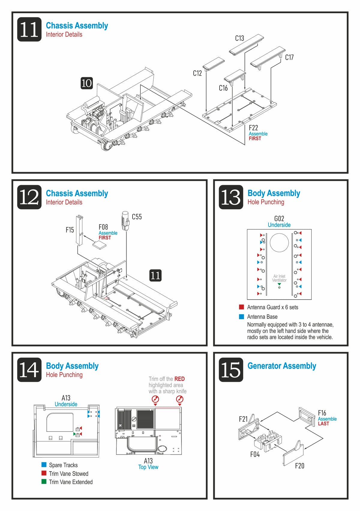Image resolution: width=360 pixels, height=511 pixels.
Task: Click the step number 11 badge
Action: [x=29, y=29]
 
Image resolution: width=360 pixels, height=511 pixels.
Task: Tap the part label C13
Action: [x=239, y=38]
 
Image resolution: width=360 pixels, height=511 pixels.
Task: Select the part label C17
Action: [x=289, y=57]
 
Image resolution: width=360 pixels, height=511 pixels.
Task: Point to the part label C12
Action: [x=197, y=73]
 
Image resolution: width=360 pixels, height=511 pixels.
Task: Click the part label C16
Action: [x=223, y=88]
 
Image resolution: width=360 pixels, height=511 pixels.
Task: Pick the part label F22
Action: [x=253, y=128]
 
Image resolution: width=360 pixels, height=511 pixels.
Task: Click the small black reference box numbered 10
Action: [x=87, y=83]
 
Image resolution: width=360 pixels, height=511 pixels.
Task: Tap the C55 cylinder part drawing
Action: [x=125, y=220]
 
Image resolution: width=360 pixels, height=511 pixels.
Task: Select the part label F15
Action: [x=70, y=230]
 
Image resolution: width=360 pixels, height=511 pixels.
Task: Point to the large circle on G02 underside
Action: [x=279, y=243]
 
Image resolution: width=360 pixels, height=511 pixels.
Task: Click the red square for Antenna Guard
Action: [x=241, y=307]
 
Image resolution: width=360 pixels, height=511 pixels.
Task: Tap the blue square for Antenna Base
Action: [x=241, y=316]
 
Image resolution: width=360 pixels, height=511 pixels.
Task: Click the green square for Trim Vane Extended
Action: [x=44, y=482]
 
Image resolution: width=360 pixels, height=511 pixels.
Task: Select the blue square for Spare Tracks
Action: [x=44, y=465]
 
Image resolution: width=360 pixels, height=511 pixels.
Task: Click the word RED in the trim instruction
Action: [x=179, y=379]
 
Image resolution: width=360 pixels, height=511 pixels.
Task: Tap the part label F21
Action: [x=243, y=419]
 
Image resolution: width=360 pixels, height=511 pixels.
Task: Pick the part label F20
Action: [x=299, y=466]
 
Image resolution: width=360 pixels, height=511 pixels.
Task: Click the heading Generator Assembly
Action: [x=282, y=366]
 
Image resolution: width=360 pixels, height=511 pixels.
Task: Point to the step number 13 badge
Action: [x=231, y=197]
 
